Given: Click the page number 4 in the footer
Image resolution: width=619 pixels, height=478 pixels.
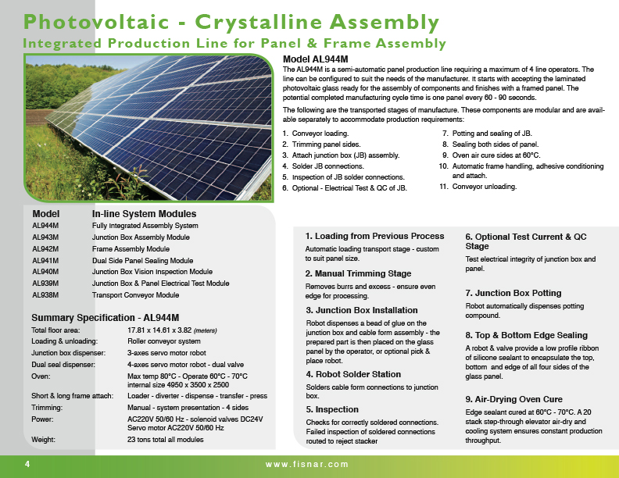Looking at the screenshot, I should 27,464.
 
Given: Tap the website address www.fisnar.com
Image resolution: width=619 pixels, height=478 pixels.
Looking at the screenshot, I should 307,464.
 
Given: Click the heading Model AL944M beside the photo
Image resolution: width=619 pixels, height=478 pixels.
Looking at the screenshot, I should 315,59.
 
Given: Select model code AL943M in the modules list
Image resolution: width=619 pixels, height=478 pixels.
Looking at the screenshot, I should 45,237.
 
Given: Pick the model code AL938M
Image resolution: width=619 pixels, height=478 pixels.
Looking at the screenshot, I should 45,295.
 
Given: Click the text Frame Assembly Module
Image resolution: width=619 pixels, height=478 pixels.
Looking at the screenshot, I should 131,248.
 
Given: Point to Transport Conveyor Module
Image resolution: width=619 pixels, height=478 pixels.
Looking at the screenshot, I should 135,295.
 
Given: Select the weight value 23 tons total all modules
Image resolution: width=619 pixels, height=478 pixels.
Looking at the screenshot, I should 166,440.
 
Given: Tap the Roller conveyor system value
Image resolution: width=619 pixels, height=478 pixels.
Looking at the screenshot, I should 163,341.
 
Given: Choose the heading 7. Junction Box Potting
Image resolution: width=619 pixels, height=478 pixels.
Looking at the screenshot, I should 513,293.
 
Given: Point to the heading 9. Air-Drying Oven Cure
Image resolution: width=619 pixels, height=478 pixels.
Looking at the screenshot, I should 513,399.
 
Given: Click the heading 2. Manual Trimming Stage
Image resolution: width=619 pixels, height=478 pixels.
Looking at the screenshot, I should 358,273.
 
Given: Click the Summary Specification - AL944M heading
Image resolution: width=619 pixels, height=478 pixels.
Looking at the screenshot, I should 105,318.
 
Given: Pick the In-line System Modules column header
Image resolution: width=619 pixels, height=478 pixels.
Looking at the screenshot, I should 144,213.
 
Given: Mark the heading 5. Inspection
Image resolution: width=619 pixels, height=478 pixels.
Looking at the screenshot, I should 331,409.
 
